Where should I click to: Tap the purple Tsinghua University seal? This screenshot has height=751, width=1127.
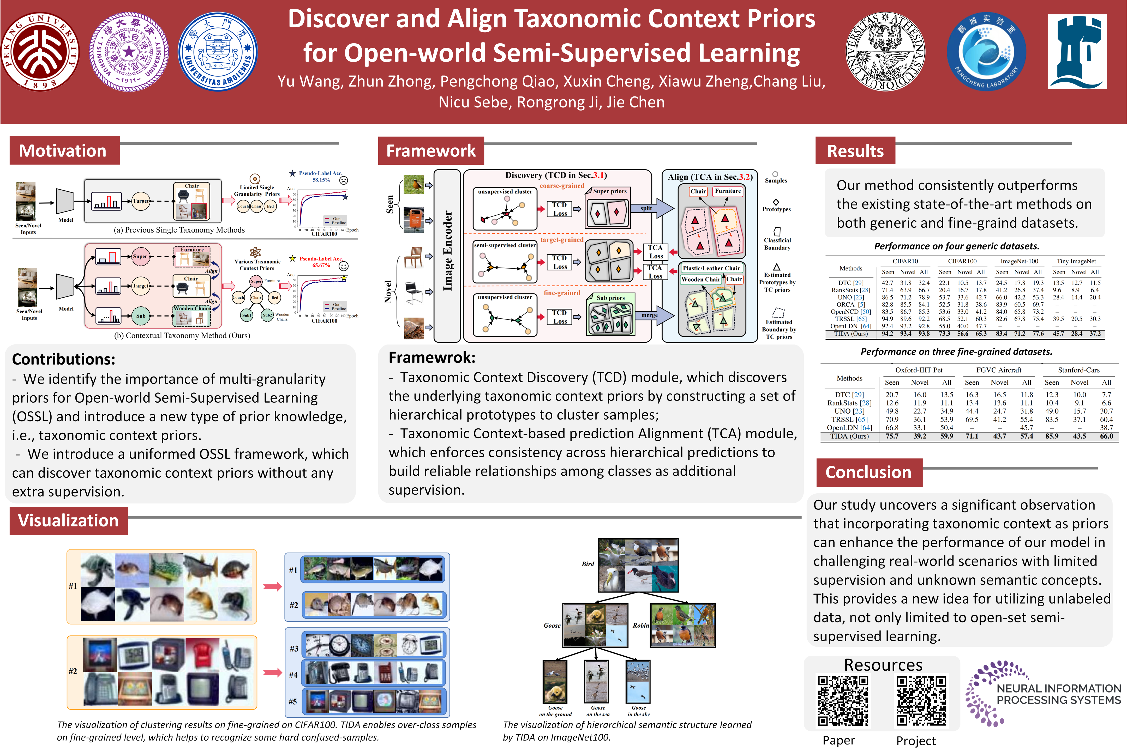[x=129, y=52]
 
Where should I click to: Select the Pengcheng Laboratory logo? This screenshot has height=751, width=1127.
[x=986, y=52]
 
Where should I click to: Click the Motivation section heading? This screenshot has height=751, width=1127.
[x=63, y=151]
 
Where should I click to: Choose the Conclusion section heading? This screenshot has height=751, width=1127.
[x=868, y=472]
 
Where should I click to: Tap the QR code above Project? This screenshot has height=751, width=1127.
[x=921, y=700]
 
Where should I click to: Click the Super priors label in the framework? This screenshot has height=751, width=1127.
[x=609, y=191]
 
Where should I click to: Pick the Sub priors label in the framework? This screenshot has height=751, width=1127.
[x=610, y=298]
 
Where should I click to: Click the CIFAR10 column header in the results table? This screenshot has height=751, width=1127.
[x=905, y=261]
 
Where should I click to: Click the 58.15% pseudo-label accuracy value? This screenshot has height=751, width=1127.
[x=321, y=180]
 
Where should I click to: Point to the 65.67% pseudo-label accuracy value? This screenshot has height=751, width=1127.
[x=321, y=265]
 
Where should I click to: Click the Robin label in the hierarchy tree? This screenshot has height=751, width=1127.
[x=641, y=626]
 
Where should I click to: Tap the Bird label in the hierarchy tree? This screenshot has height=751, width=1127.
[x=588, y=564]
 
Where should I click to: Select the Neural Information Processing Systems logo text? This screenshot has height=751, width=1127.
[x=1058, y=694]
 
